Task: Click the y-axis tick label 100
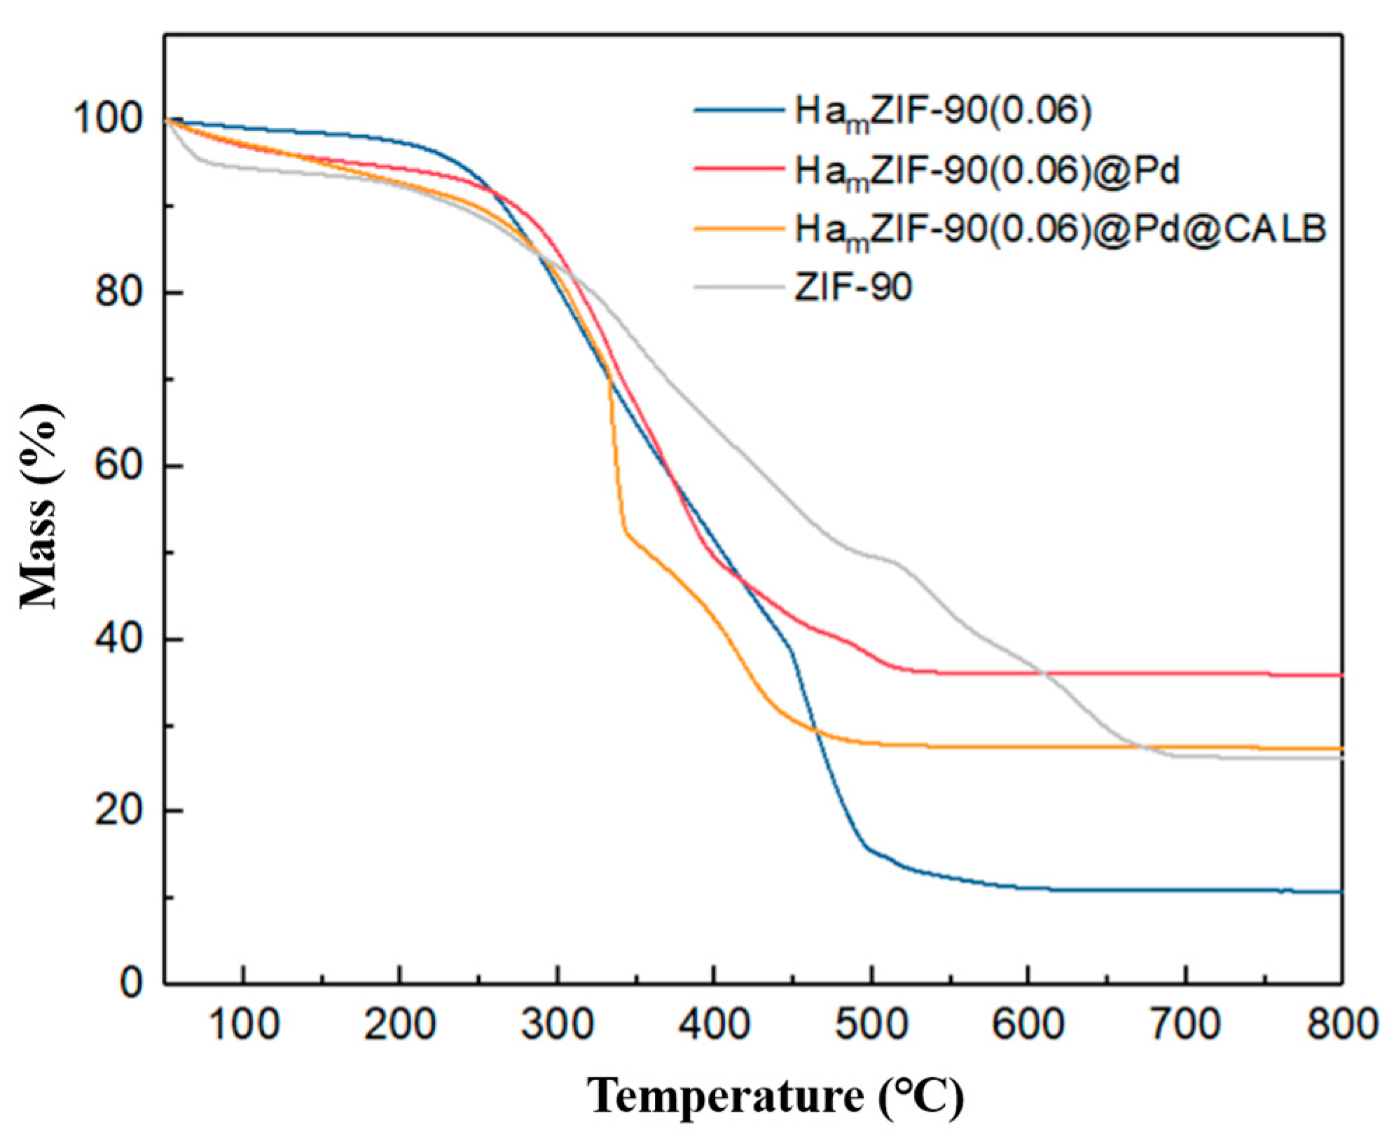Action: click(109, 118)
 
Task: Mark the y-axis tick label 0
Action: click(132, 983)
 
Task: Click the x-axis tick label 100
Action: click(244, 1024)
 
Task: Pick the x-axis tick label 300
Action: click(558, 1024)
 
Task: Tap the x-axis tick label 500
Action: click(871, 1024)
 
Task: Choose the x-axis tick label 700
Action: click(1185, 1024)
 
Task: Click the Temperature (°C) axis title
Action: click(775, 1096)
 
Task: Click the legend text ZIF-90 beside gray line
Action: click(852, 287)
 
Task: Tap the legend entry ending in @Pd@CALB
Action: click(1060, 230)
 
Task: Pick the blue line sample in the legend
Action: click(739, 110)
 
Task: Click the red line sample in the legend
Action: click(739, 168)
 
